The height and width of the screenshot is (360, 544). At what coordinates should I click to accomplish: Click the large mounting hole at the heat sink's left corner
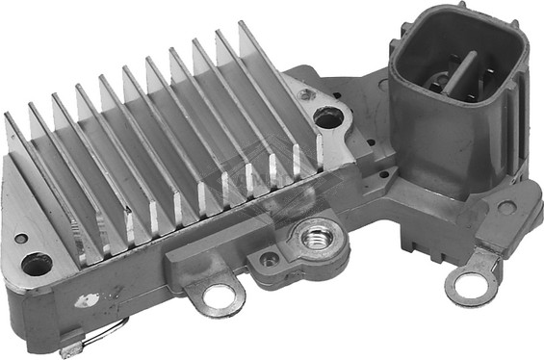(x=38, y=262)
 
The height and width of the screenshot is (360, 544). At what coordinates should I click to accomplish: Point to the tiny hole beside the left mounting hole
(x=19, y=238)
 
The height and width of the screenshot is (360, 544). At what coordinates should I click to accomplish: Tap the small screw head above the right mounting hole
(x=306, y=94)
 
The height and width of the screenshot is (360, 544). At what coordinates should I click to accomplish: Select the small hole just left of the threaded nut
(x=270, y=258)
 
